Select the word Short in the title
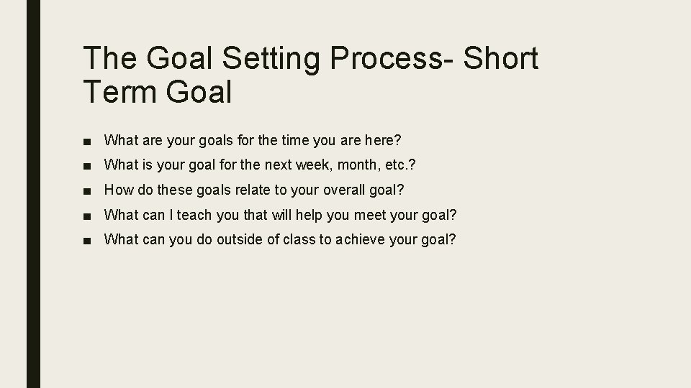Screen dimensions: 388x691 coord(502,59)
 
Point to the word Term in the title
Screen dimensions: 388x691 coord(117,92)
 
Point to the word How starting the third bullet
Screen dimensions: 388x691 coord(117,190)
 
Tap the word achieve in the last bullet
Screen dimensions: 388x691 coord(358,239)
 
